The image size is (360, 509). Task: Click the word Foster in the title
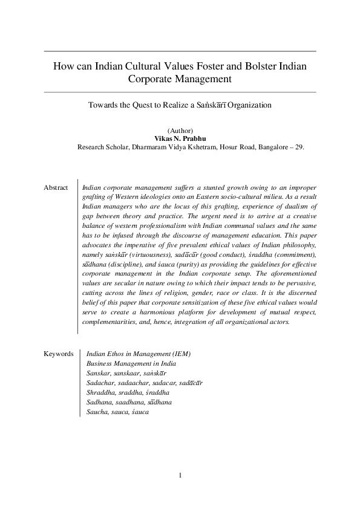pos(195,65)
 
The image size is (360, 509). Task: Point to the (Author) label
pos(180,131)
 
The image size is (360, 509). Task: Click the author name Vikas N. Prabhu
pos(180,138)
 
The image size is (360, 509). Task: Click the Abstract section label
pos(56,188)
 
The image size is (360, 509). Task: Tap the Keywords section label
pos(58,354)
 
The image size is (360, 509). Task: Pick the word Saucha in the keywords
pos(97,412)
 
